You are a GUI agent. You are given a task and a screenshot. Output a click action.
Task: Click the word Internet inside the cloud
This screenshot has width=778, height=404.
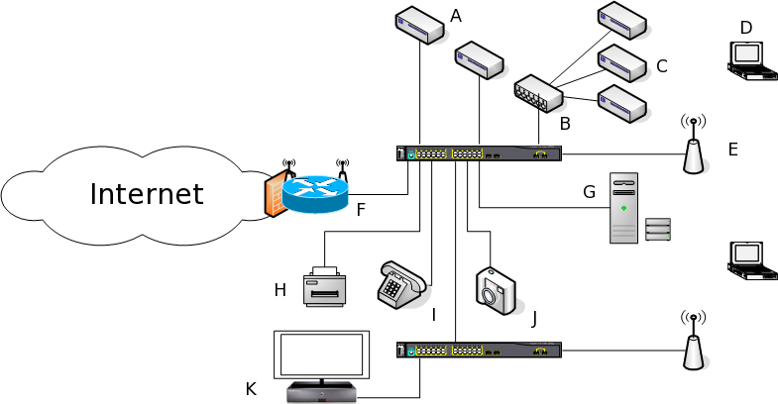146,193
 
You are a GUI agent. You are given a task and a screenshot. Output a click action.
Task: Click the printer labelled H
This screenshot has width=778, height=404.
325,286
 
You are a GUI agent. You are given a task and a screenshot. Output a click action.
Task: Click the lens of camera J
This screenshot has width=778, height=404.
493,290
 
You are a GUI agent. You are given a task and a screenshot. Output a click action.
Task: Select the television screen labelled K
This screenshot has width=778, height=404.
320,356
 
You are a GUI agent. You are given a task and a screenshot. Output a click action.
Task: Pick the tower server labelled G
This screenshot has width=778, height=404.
623,208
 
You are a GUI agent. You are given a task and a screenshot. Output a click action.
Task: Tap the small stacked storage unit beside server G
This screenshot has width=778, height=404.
658,229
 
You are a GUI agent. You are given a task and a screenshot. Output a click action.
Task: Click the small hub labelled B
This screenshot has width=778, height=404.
538,93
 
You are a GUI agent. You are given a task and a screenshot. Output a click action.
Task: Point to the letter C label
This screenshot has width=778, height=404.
662,67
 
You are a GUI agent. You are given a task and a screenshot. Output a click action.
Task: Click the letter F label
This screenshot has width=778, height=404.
361,209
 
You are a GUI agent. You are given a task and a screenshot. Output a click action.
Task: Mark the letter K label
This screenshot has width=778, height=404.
251,389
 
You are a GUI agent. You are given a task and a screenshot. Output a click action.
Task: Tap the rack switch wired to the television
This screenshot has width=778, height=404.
479,350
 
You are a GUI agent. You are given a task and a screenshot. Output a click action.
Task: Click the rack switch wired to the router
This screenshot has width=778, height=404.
479,153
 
